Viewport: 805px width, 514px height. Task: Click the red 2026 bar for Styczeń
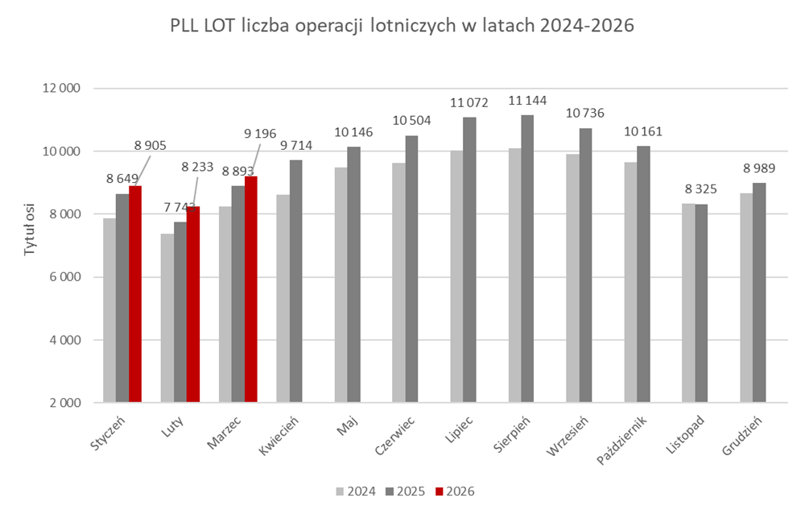[x=135, y=294]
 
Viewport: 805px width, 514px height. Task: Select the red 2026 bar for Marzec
[x=251, y=290]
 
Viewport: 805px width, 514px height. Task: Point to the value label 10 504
[x=411, y=121]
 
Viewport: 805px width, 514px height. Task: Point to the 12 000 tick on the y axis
[x=66, y=89]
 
